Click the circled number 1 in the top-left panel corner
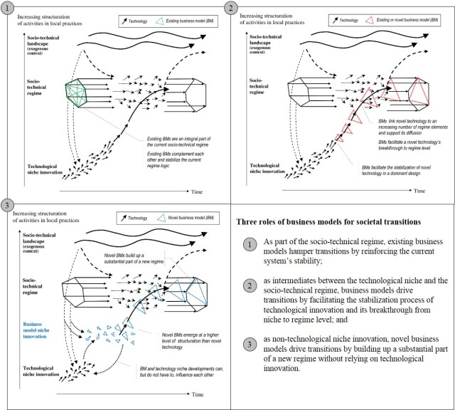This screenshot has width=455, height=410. coord(8,8)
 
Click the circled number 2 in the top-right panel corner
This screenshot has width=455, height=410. coord(232,8)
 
